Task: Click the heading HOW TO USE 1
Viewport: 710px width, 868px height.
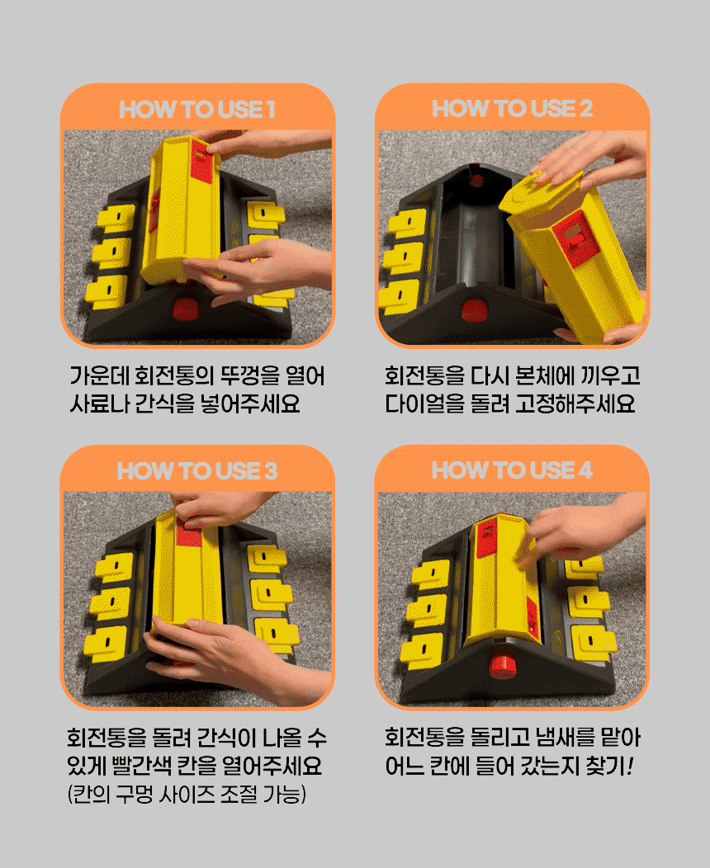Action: (x=197, y=109)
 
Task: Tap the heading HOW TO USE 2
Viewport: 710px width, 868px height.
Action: (x=513, y=109)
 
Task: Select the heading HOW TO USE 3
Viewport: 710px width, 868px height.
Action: (x=197, y=471)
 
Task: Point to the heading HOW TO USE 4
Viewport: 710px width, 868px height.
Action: (x=513, y=470)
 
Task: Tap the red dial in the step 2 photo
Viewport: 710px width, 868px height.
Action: (x=474, y=310)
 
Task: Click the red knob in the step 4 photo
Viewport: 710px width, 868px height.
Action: (x=502, y=666)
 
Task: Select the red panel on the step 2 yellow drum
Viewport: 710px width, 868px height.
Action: (x=579, y=238)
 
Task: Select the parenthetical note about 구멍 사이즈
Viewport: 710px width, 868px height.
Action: (x=187, y=795)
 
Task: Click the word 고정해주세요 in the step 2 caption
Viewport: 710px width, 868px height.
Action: (x=575, y=403)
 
